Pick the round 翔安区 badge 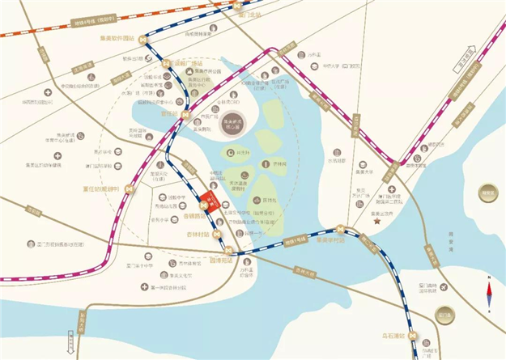click(488, 193)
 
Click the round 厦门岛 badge click(444, 312)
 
